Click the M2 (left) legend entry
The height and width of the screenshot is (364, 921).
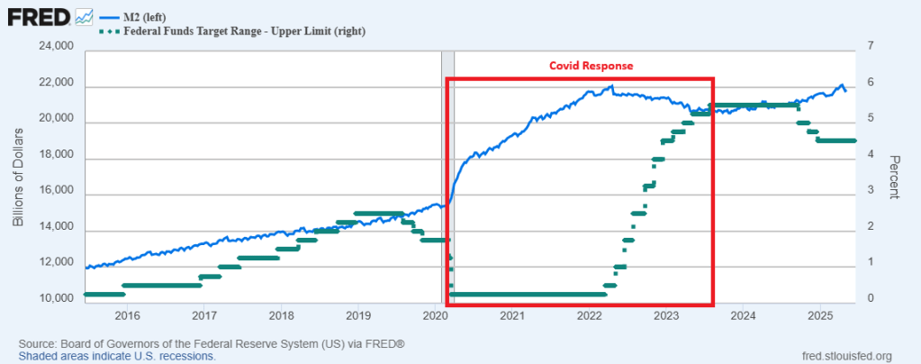[148, 15]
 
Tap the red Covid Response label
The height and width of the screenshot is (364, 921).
[592, 66]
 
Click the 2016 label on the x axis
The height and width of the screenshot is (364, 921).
[127, 315]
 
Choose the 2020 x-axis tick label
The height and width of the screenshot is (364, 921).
[435, 315]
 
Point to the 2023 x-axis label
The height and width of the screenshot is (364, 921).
[666, 315]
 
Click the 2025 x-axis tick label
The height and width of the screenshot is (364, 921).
[820, 315]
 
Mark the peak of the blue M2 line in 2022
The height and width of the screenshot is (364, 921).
[611, 86]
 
